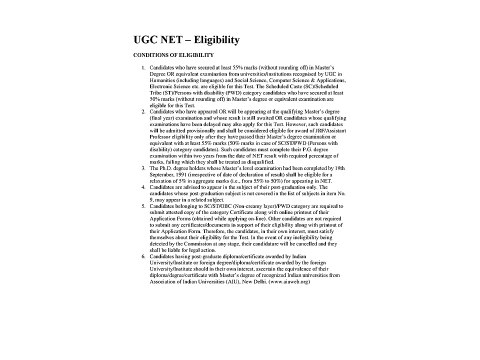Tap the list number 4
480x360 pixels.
pos(111,228)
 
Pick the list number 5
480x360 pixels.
pos(111,249)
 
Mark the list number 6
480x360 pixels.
pos(111,297)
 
